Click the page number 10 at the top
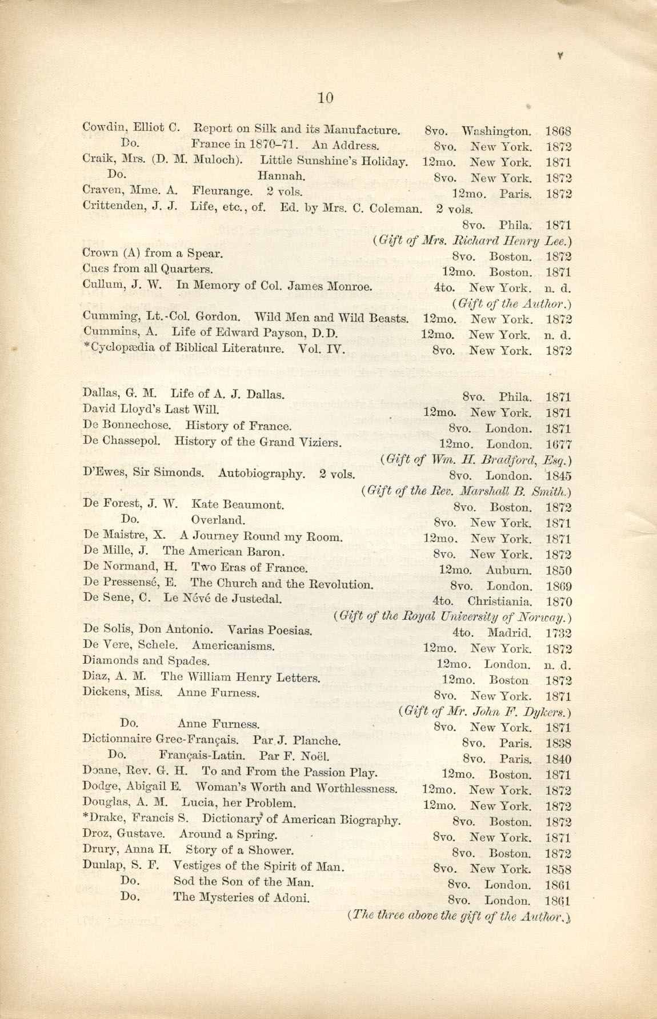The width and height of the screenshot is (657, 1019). [x=325, y=98]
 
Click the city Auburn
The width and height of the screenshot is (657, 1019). [x=508, y=570]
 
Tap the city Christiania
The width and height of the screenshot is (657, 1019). [x=500, y=601]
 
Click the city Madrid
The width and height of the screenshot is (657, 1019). [x=510, y=633]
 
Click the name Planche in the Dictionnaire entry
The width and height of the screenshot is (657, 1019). [x=316, y=741]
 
